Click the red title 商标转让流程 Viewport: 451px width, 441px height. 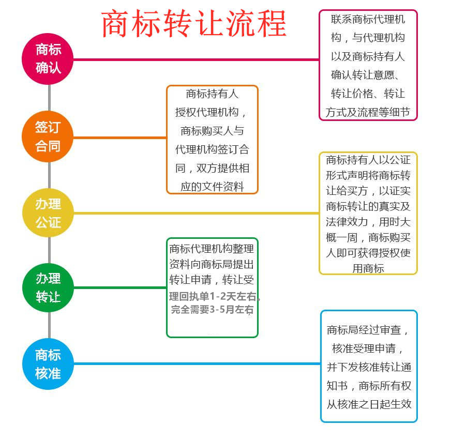click(194, 24)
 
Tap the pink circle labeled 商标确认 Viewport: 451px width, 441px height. click(48, 59)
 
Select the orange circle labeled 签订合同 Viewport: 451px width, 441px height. click(48, 137)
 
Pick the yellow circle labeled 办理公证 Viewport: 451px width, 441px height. click(48, 212)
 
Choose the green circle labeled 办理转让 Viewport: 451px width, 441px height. click(48, 287)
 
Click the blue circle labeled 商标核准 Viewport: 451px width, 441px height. click(48, 363)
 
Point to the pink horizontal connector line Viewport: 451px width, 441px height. click(197, 59)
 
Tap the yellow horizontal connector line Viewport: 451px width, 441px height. click(197, 213)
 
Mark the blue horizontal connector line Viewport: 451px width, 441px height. click(197, 363)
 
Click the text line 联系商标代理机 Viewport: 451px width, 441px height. click(368, 20)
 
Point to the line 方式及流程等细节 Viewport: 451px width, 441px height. click(368, 112)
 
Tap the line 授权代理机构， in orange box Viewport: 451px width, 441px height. click(212, 112)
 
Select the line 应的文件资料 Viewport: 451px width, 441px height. click(212, 187)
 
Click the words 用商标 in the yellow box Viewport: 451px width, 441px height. click(368, 268)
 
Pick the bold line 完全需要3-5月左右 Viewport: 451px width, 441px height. click(212, 310)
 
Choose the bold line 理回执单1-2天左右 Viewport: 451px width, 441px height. click(214, 297)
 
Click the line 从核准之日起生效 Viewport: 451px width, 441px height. click(369, 404)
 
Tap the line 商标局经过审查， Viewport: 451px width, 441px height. click(369, 330)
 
